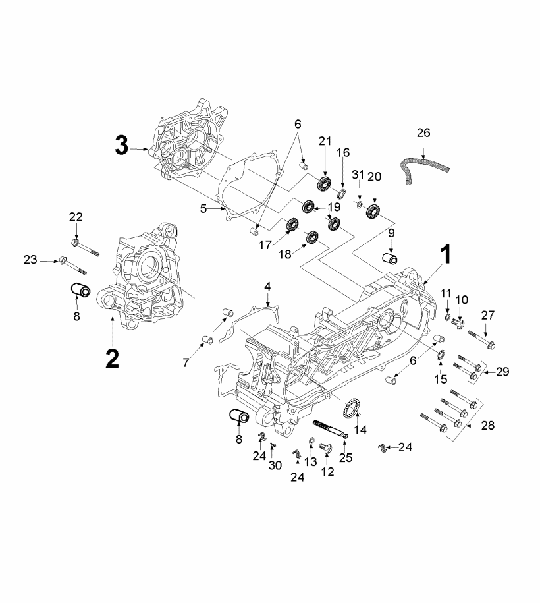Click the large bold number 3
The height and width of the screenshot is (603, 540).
[x=121, y=145]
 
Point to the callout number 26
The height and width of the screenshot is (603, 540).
[x=423, y=132]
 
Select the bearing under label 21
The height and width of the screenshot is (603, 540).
[x=325, y=184]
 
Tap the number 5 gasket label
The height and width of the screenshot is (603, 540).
[x=204, y=208]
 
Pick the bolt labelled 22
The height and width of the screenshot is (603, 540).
[x=84, y=248]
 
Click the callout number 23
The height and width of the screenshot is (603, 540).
[x=30, y=260]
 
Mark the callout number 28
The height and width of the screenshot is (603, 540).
[x=487, y=426]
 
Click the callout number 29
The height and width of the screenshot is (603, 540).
[x=502, y=373]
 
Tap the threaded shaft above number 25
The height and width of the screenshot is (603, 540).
[x=329, y=426]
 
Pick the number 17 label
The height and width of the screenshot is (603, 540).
[x=264, y=244]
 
